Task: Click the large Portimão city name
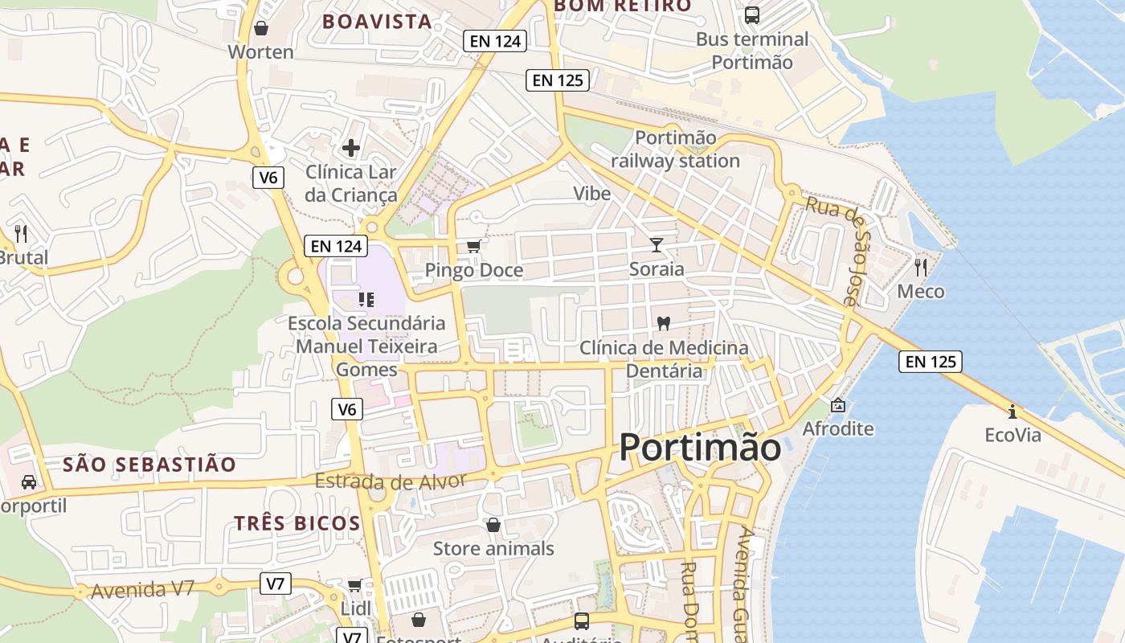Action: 699,447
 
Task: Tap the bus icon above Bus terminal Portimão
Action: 752,14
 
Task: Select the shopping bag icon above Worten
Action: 260,28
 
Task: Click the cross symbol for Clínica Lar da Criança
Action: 351,148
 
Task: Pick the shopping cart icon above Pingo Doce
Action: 474,246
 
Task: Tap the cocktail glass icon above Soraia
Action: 657,244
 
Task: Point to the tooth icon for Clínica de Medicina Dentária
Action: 664,323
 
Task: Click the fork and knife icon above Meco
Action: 921,267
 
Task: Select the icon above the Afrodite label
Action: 838,404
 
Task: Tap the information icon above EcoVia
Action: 1012,412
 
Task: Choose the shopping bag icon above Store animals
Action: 493,525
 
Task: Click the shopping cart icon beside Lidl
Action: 354,585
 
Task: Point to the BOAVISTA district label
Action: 377,22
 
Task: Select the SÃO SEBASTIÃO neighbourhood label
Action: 149,465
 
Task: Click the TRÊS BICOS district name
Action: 297,523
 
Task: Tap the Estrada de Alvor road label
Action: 391,481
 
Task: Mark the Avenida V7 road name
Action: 143,590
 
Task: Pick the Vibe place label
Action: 592,194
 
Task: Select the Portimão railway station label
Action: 675,149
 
